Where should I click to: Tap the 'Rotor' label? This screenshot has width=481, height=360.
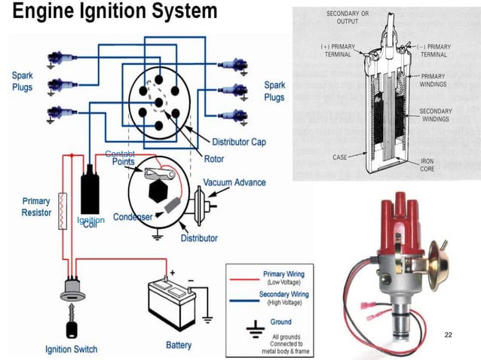point(213,159)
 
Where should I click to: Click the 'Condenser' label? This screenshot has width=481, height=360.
point(133,217)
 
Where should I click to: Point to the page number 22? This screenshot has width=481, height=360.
point(449,333)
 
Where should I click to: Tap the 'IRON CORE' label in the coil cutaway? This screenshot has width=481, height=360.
point(427,165)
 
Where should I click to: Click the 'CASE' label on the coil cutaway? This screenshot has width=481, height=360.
point(339,157)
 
